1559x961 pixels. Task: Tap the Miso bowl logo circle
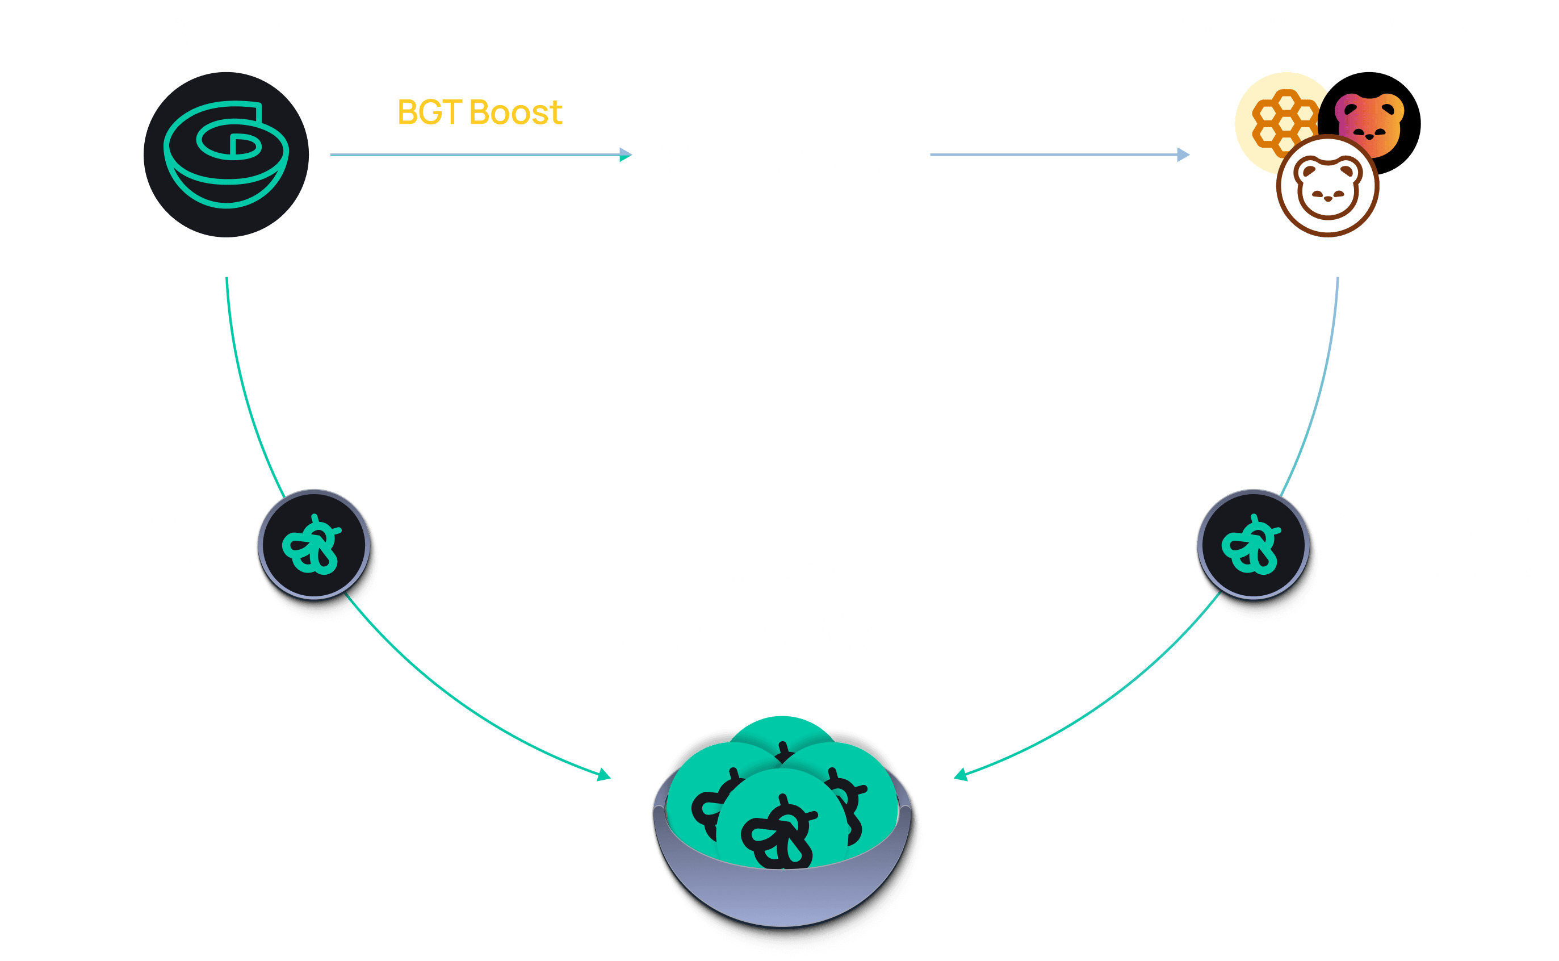[226, 154]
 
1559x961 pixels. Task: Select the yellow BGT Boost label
[480, 112]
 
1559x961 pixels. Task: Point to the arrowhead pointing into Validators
[626, 154]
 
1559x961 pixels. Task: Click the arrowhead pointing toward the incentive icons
[1183, 154]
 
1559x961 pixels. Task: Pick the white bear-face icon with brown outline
[1328, 187]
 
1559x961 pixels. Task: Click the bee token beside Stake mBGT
[314, 545]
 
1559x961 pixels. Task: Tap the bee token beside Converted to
[1253, 545]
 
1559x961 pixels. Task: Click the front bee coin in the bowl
[781, 826]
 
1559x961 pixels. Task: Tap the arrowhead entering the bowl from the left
[604, 775]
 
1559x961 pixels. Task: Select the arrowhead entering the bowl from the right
[961, 775]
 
